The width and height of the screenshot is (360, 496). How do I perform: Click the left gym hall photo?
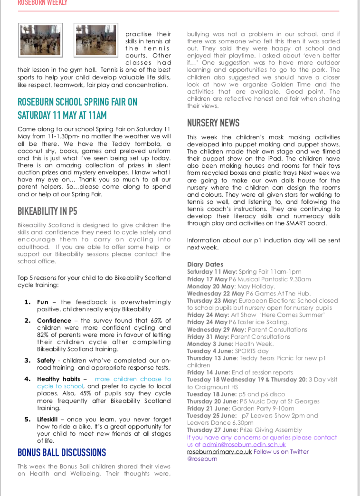[x=40, y=40]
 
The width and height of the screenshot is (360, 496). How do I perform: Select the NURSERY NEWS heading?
[x=213, y=123]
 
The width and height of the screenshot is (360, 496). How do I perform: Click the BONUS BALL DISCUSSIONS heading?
[x=62, y=452]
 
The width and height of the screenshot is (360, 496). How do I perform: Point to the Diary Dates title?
[x=205, y=265]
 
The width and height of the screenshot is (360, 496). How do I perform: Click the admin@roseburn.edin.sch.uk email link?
[x=244, y=445]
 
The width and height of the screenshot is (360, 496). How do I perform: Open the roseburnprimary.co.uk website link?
[x=219, y=452]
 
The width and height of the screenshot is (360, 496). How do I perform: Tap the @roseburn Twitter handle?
[x=202, y=459]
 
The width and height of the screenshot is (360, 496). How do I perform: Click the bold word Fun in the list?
[x=43, y=302]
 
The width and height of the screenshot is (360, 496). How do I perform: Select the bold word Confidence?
[x=54, y=321]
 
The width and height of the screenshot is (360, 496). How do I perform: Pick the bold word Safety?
[x=47, y=361]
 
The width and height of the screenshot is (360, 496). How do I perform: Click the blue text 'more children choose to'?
[x=133, y=379]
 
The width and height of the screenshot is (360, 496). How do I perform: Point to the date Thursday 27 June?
[x=210, y=430]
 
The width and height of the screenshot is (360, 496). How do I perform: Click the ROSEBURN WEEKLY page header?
[x=42, y=3]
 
